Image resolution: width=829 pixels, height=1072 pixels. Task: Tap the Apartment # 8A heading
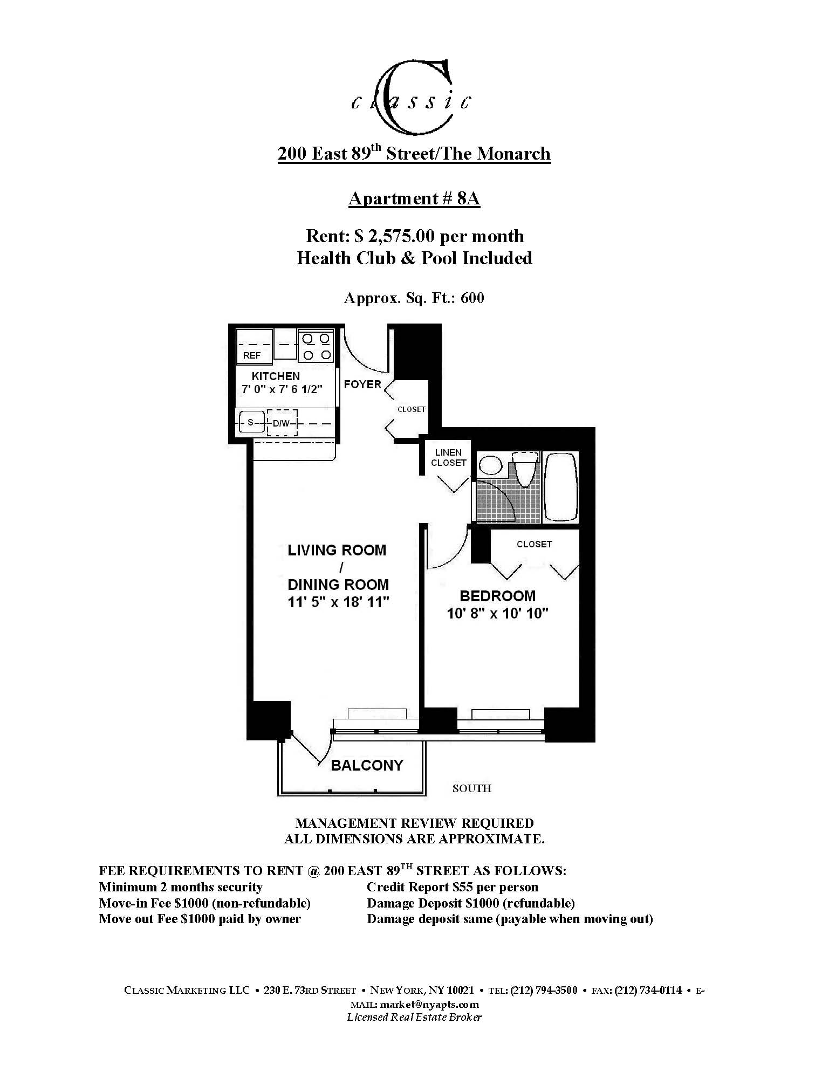[x=414, y=198]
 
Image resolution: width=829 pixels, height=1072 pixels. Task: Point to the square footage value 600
[x=472, y=298]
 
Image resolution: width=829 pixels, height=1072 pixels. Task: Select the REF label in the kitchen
[x=252, y=355]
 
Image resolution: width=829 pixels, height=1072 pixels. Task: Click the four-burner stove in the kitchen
[x=317, y=346]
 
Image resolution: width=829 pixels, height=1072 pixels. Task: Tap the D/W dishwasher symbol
[x=281, y=423]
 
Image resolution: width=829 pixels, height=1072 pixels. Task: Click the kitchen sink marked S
[x=250, y=423]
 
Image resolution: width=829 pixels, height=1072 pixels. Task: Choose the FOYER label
[x=362, y=384]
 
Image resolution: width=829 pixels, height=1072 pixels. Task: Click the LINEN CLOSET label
[x=449, y=458]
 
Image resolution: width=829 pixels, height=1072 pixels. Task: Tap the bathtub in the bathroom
[x=561, y=486]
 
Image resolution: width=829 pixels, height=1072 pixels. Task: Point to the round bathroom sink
[x=491, y=464]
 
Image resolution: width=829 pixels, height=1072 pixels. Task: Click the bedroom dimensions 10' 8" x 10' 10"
[x=497, y=614]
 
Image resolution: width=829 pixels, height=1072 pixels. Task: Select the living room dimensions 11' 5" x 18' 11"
[x=338, y=602]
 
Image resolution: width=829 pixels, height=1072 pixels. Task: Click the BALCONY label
[x=367, y=766]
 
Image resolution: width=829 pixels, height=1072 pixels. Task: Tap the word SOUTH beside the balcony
[x=472, y=788]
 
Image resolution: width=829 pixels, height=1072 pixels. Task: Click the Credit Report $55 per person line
[x=453, y=887]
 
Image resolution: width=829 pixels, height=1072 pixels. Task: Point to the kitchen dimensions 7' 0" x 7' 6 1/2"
[x=282, y=389]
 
